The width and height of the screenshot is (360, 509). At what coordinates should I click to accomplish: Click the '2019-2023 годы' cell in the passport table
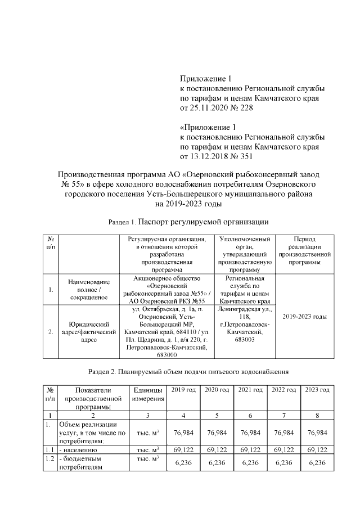click(304, 317)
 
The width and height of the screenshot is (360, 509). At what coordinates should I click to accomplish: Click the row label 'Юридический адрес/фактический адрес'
click(88, 332)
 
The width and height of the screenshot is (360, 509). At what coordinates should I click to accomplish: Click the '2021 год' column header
click(250, 390)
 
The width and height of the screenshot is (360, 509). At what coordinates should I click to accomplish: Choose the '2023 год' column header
click(318, 390)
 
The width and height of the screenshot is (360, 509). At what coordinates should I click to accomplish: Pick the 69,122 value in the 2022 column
click(284, 450)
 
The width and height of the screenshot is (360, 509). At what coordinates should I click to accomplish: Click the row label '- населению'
click(79, 450)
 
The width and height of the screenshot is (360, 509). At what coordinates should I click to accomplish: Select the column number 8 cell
click(318, 415)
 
